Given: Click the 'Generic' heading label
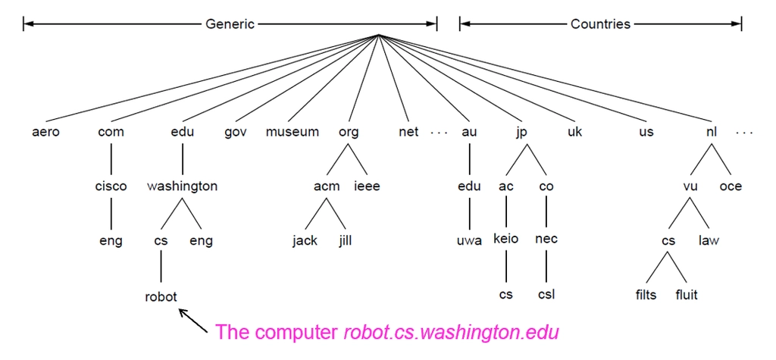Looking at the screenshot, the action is pyautogui.click(x=230, y=23).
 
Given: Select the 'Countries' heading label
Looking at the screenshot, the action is pyautogui.click(x=600, y=23).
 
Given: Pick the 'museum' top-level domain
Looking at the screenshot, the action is pyautogui.click(x=292, y=132).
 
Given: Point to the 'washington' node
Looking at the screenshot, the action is pyautogui.click(x=182, y=186).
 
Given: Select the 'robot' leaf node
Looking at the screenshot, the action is pyautogui.click(x=161, y=296).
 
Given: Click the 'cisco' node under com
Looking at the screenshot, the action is pyautogui.click(x=111, y=186).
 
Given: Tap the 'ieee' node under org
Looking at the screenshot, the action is pyautogui.click(x=368, y=186).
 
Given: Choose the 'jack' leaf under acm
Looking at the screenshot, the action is pyautogui.click(x=305, y=241).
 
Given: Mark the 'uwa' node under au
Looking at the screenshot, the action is pyautogui.click(x=469, y=242).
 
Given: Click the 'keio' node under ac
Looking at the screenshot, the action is pyautogui.click(x=505, y=239).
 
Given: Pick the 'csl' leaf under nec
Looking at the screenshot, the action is pyautogui.click(x=546, y=295).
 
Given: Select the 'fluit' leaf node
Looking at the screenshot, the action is pyautogui.click(x=687, y=295).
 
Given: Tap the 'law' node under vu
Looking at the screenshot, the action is pyautogui.click(x=709, y=241).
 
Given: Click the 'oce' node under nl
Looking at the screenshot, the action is pyautogui.click(x=731, y=186).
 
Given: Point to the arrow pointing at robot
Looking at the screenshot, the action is pyautogui.click(x=193, y=321).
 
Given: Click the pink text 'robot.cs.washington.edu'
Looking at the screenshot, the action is pyautogui.click(x=451, y=332).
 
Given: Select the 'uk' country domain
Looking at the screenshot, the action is pyautogui.click(x=575, y=132).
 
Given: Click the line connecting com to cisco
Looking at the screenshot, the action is pyautogui.click(x=111, y=159).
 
